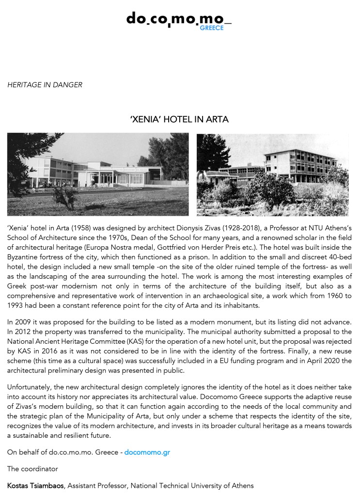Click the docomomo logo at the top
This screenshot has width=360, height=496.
pyautogui.click(x=175, y=20)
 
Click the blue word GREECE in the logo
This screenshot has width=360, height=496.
pyautogui.click(x=212, y=28)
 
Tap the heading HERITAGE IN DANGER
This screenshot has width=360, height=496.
pyautogui.click(x=45, y=85)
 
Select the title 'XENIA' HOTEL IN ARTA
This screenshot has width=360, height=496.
pyautogui.click(x=179, y=119)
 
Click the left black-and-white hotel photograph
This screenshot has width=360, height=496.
pyautogui.click(x=98, y=174)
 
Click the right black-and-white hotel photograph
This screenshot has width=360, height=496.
pyautogui.click(x=272, y=174)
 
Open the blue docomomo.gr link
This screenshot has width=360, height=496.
pyautogui.click(x=147, y=452)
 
